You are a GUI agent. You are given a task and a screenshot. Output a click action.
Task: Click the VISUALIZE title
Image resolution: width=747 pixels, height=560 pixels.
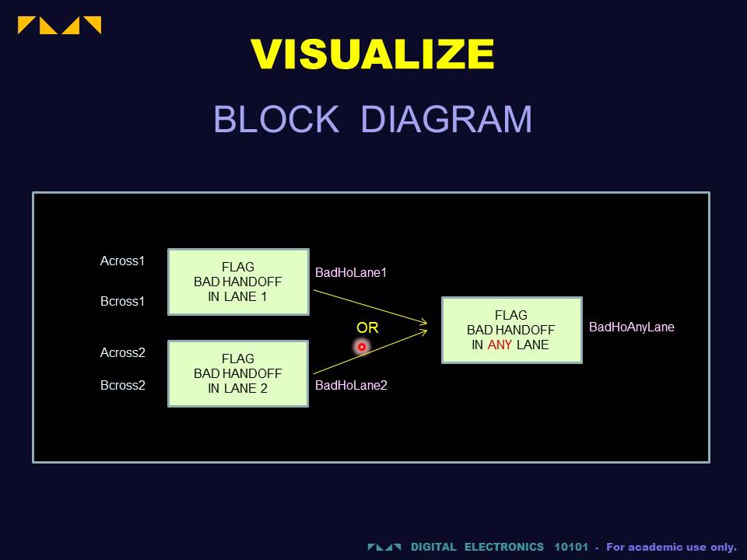(x=373, y=55)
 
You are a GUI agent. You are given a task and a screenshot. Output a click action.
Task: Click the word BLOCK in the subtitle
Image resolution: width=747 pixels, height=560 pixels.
(x=275, y=120)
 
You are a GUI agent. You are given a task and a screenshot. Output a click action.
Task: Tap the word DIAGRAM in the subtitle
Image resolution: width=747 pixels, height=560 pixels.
(x=447, y=120)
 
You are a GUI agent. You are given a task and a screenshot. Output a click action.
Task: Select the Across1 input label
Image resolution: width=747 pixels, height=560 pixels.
(x=123, y=261)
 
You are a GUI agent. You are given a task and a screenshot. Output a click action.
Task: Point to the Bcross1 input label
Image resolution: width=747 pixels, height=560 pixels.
(x=123, y=301)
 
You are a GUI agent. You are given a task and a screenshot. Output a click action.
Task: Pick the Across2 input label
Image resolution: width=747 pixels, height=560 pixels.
(x=123, y=352)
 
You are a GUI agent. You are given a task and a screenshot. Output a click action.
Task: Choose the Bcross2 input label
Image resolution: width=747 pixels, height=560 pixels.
(x=123, y=385)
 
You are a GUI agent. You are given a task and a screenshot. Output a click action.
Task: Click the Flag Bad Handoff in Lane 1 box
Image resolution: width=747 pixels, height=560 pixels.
(x=238, y=282)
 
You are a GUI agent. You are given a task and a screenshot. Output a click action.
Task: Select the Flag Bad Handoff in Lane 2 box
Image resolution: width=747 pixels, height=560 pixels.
(x=238, y=373)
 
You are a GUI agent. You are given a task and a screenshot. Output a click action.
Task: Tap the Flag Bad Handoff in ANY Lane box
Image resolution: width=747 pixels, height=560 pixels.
(x=511, y=330)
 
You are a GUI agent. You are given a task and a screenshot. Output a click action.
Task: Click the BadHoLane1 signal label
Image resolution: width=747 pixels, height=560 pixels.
(x=351, y=272)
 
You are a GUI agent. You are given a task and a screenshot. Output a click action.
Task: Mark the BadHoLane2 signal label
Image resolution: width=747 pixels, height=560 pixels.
(x=351, y=384)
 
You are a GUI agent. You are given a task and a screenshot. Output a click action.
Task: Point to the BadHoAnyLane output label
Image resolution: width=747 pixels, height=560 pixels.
(x=632, y=327)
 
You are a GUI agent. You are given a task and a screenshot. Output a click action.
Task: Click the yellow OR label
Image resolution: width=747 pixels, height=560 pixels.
(x=367, y=328)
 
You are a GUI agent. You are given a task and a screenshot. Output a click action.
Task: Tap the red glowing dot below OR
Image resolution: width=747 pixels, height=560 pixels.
(x=362, y=346)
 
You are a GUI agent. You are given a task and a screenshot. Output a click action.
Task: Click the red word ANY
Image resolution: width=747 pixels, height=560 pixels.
(x=500, y=345)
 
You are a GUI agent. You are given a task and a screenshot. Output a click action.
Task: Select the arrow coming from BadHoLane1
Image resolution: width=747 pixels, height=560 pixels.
(x=370, y=306)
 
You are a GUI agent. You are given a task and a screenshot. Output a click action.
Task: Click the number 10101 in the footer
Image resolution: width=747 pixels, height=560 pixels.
(x=571, y=547)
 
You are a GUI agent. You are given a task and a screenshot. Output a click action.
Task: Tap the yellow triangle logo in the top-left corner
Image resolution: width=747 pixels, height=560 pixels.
(x=59, y=25)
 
